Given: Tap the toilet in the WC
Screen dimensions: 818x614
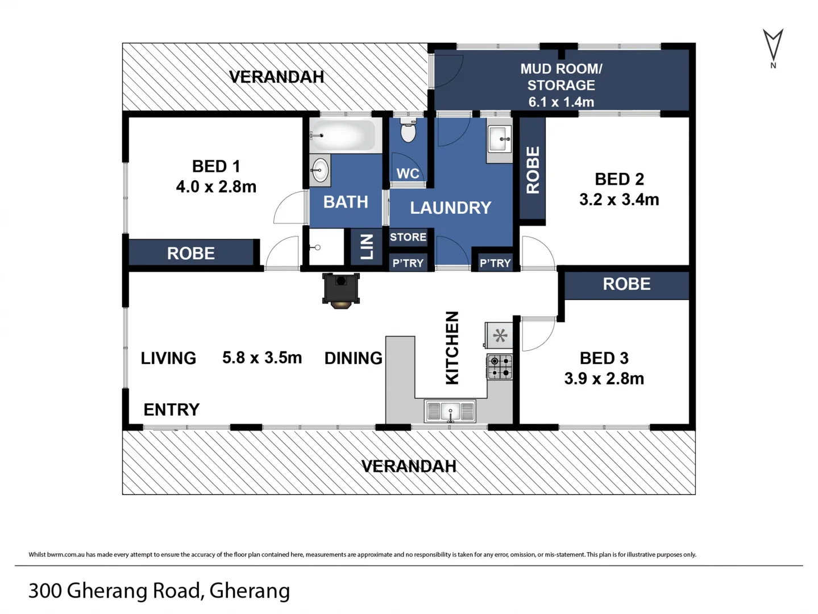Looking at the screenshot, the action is click(408, 130).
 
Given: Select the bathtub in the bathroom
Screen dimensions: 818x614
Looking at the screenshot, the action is click(343, 135).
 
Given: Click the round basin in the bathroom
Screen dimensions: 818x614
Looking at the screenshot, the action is click(319, 170).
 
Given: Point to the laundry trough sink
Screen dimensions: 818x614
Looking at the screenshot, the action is click(499, 139).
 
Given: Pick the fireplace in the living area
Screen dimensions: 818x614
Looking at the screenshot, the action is click(341, 291).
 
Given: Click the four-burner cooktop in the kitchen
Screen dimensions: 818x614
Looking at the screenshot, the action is click(500, 367).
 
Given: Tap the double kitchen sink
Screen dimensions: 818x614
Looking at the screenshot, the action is click(450, 411).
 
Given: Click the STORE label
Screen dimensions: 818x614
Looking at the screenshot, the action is click(408, 237).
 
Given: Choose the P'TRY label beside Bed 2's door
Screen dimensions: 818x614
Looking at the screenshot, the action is click(495, 263).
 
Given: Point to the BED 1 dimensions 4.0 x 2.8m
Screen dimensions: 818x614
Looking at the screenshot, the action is click(216, 186).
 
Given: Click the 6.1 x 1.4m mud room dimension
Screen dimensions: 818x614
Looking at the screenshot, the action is click(561, 102).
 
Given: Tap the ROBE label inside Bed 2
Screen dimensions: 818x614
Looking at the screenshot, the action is click(533, 170).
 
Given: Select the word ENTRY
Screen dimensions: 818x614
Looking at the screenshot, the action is click(172, 409).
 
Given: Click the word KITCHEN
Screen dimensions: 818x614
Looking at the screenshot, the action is click(452, 348).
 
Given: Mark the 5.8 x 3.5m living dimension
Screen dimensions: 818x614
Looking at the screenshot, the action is click(262, 358).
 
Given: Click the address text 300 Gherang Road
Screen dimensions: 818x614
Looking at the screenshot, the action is click(115, 591).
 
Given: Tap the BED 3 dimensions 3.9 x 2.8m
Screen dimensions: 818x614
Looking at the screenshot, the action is click(604, 379).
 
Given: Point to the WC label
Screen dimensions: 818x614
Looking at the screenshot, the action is click(408, 173).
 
